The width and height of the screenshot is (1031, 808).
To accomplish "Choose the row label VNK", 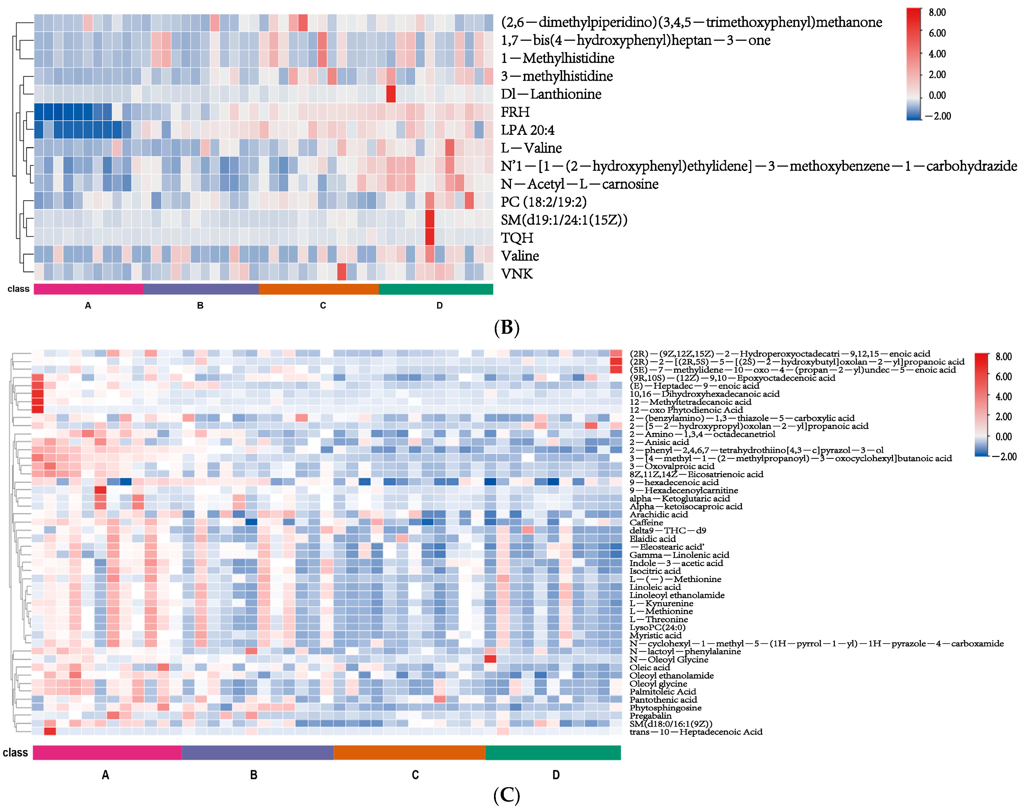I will point(517,274).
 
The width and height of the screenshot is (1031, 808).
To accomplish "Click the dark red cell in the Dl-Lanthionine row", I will point(391,94).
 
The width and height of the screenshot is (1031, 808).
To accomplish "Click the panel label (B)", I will point(506,327).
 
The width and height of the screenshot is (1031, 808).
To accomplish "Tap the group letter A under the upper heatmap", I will point(88,306).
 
